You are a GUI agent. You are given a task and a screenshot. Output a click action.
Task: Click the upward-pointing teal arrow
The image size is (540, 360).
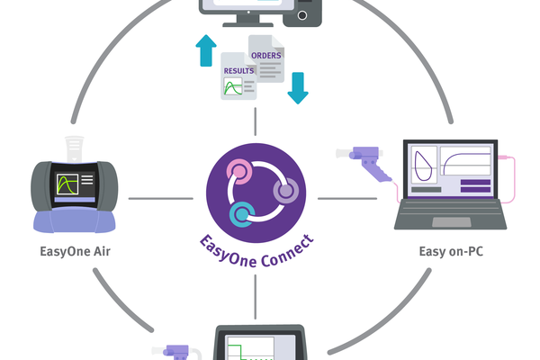(x=206, y=50)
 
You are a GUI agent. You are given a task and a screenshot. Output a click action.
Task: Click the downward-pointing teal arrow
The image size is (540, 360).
(x=296, y=89)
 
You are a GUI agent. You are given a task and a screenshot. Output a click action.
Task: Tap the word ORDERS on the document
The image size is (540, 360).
(x=266, y=56)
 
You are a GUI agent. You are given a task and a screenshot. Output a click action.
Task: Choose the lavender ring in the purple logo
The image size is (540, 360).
(x=284, y=191)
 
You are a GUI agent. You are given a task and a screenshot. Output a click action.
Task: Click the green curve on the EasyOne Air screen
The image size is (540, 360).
(x=67, y=186)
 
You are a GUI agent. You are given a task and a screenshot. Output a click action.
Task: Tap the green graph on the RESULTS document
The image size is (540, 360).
(x=235, y=88)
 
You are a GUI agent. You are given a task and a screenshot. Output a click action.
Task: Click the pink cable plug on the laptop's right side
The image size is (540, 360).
(x=510, y=159)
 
